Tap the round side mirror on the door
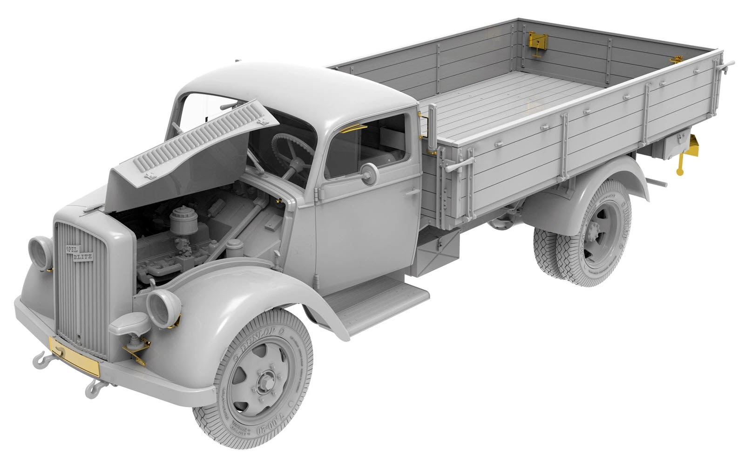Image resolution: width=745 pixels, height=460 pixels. [368, 173]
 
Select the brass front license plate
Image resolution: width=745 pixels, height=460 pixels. [74, 357]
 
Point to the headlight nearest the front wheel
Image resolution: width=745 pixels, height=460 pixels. [163, 308]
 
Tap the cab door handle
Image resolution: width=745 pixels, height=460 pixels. [412, 191]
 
